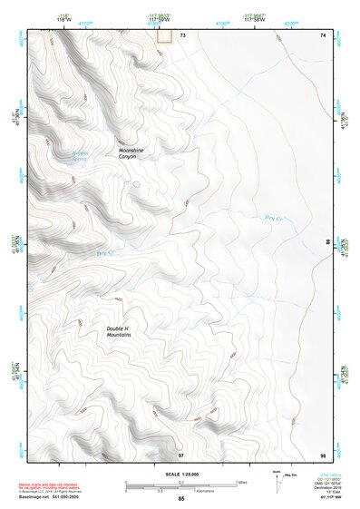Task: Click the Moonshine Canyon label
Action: pyautogui.click(x=131, y=153)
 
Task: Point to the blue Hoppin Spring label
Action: pyautogui.click(x=87, y=156)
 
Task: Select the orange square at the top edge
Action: pyautogui.click(x=164, y=35)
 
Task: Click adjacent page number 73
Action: pyautogui.click(x=182, y=34)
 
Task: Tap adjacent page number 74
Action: pyautogui.click(x=322, y=34)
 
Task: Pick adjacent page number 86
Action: pyautogui.click(x=328, y=243)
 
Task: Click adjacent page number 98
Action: pyautogui.click(x=322, y=455)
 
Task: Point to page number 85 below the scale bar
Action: pyautogui.click(x=181, y=499)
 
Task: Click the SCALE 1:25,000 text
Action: pyautogui.click(x=180, y=475)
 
